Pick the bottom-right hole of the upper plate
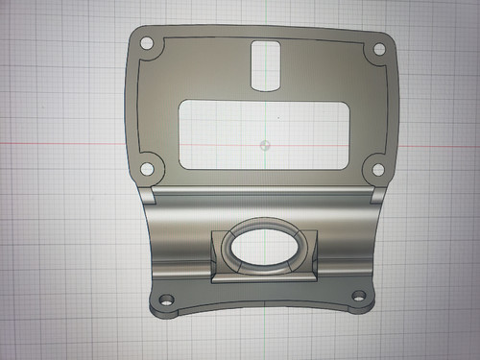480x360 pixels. [x=380, y=170]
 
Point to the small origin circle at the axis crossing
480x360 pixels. [x=264, y=146]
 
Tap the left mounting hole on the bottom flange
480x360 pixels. [x=165, y=300]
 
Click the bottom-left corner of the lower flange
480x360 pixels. [x=152, y=310]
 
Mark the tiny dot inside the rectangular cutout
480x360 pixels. [x=277, y=118]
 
